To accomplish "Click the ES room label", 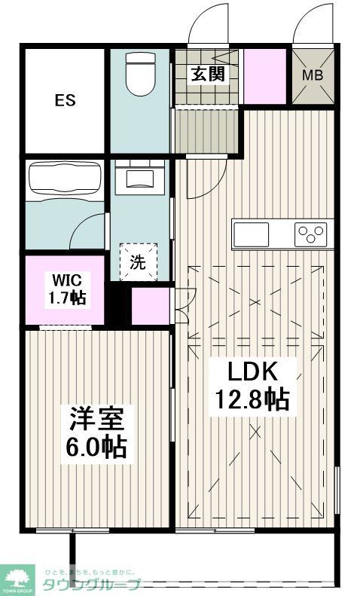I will click(64, 100).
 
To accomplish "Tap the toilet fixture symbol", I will click(142, 74).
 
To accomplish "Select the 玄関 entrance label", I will click(206, 74).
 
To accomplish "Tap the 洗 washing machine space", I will click(139, 261).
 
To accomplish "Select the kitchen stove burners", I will click(310, 234).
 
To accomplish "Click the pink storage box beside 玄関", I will click(264, 76).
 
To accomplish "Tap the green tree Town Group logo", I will click(18, 576).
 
